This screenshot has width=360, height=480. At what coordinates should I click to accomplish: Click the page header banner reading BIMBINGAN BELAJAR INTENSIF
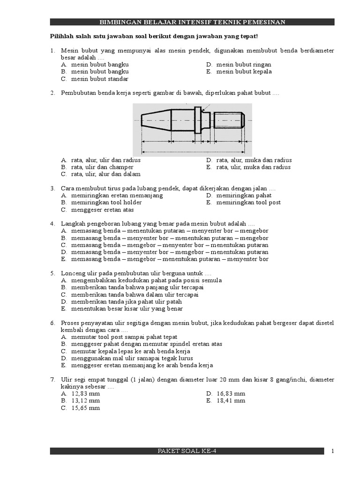point(192,22)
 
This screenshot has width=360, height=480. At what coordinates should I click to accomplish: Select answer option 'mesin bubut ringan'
point(243,65)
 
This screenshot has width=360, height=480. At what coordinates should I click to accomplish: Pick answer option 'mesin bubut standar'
point(99,79)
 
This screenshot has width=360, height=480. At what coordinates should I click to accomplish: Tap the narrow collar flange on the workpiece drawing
point(198,120)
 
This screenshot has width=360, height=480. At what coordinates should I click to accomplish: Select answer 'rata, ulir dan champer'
point(102,167)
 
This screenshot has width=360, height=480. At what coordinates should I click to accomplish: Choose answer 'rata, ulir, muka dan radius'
point(253,167)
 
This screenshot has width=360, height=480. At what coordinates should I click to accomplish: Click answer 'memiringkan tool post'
point(248,202)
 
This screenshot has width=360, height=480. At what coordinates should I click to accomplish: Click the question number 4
point(52,224)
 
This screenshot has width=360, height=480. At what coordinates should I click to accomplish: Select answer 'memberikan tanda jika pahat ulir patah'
point(127,302)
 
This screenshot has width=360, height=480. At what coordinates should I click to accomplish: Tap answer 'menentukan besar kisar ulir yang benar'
point(127,309)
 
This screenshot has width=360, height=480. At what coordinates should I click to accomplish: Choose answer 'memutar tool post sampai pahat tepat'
point(124,337)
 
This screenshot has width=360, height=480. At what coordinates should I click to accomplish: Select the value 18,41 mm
point(231,401)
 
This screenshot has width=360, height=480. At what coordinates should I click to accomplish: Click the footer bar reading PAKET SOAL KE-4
point(187,451)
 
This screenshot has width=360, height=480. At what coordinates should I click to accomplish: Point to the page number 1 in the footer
point(332,451)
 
